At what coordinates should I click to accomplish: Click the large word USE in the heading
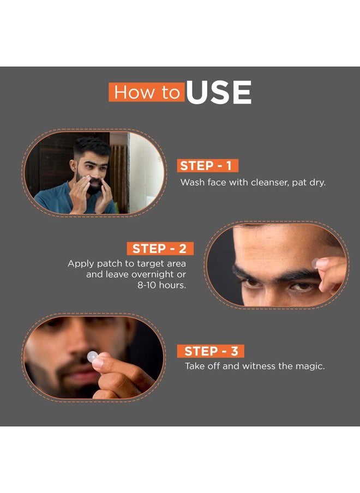pyautogui.click(x=218, y=93)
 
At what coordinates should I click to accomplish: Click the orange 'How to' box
pyautogui.click(x=146, y=92)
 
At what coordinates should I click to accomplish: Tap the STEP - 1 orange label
pyautogui.click(x=207, y=166)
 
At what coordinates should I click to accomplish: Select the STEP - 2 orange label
pyautogui.click(x=159, y=249)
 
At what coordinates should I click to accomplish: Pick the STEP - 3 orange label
pyautogui.click(x=211, y=351)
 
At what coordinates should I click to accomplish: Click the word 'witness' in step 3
pyautogui.click(x=259, y=366)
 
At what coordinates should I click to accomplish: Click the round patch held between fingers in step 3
pyautogui.click(x=93, y=357)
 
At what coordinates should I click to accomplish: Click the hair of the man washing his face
pyautogui.click(x=92, y=146)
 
